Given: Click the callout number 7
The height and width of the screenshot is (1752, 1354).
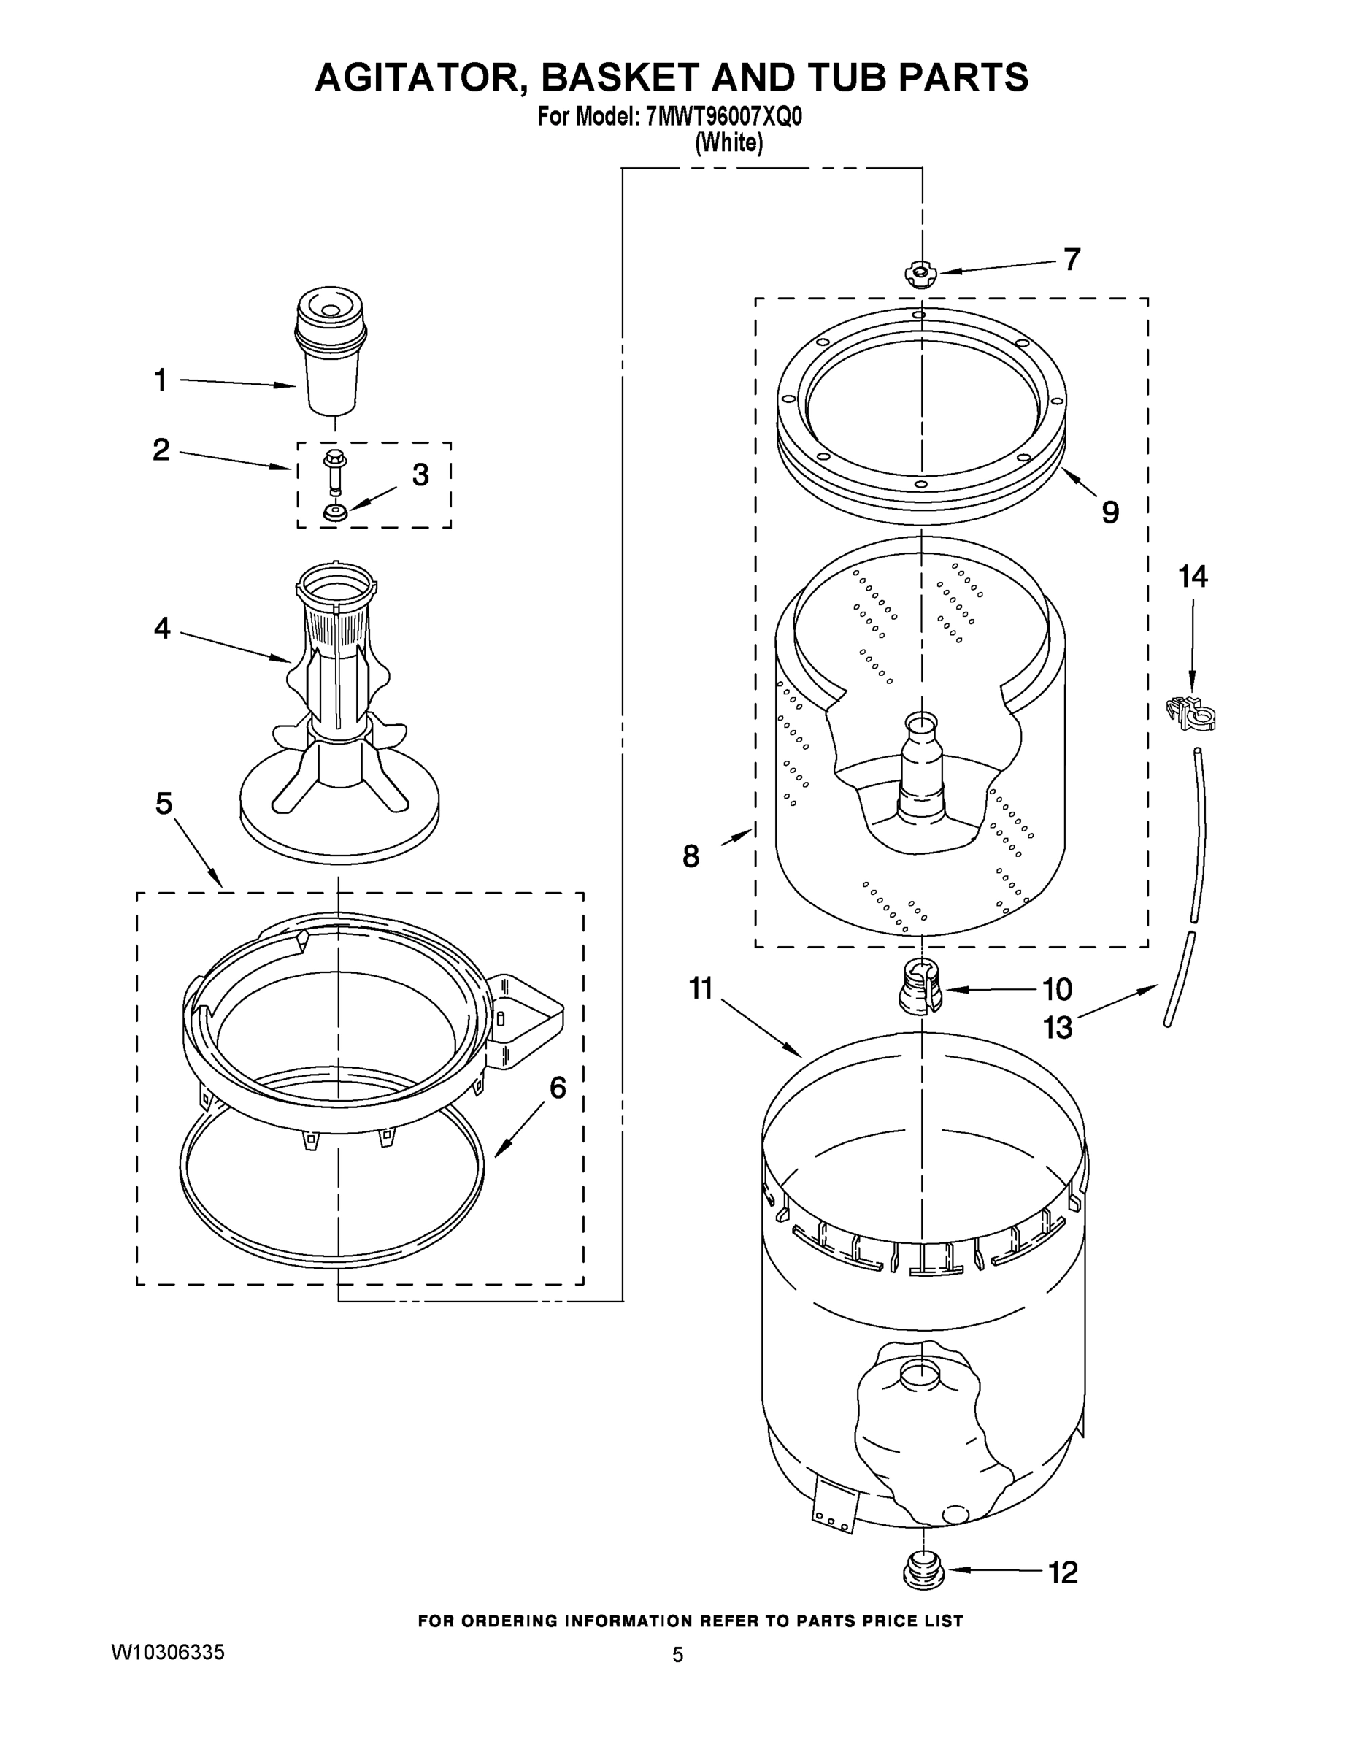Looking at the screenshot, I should (1072, 259).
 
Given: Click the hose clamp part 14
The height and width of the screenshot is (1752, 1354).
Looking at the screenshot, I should (1190, 712).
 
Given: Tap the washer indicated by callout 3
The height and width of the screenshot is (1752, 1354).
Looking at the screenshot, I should (335, 511).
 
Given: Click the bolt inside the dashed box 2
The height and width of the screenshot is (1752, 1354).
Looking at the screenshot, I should (333, 473).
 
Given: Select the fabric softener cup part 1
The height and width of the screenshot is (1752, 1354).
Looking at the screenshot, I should (331, 353).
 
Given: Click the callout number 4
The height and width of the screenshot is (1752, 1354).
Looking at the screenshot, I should (162, 628).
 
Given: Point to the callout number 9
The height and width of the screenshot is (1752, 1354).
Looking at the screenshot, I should (1110, 512).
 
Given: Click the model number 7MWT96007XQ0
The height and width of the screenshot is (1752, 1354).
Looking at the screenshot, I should (722, 117).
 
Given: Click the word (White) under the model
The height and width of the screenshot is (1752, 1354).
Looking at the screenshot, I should (728, 143).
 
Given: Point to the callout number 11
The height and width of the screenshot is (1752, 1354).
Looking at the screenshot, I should (701, 988).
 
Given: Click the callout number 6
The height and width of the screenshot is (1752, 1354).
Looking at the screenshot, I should (558, 1088).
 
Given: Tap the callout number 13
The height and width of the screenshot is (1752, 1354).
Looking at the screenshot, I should (1057, 1027).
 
